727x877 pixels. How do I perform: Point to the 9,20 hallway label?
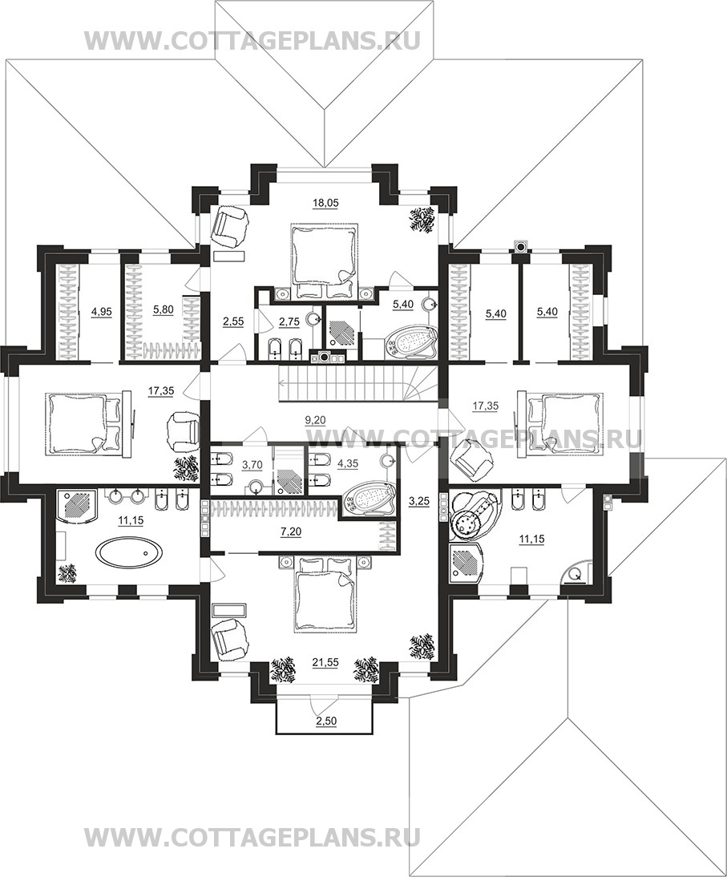(315, 420)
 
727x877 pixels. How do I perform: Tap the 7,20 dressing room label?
(291, 532)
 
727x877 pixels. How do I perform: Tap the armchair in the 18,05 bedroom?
(230, 225)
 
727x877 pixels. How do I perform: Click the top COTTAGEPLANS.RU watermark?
(252, 40)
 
